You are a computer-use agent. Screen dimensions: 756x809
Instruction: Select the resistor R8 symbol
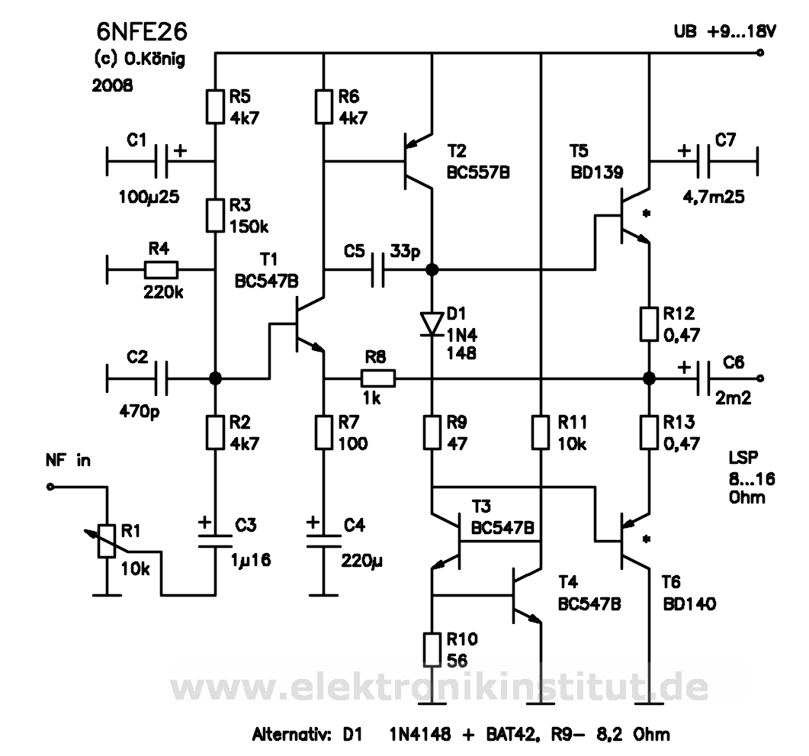click(x=378, y=378)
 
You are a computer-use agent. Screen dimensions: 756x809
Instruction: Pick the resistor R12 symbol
click(x=649, y=323)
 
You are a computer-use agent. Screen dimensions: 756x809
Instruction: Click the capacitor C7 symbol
click(x=702, y=160)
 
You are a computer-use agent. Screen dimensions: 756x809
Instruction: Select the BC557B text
click(x=478, y=173)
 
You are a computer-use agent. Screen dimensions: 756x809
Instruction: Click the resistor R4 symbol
click(x=162, y=269)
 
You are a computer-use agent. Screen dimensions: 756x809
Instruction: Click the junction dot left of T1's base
click(x=215, y=378)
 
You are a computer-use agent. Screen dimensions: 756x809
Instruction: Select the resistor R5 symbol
click(x=215, y=106)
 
